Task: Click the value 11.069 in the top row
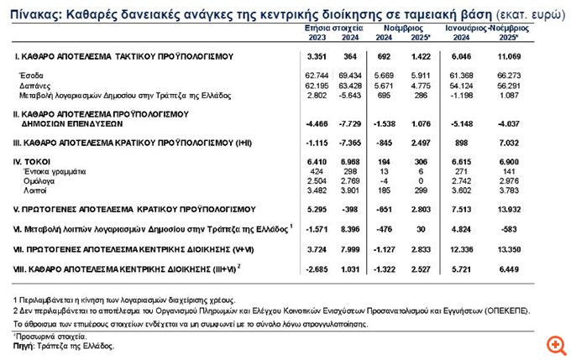point(504,55)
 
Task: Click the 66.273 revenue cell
point(504,76)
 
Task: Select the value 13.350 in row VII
point(504,249)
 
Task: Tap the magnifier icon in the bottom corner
point(555,344)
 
